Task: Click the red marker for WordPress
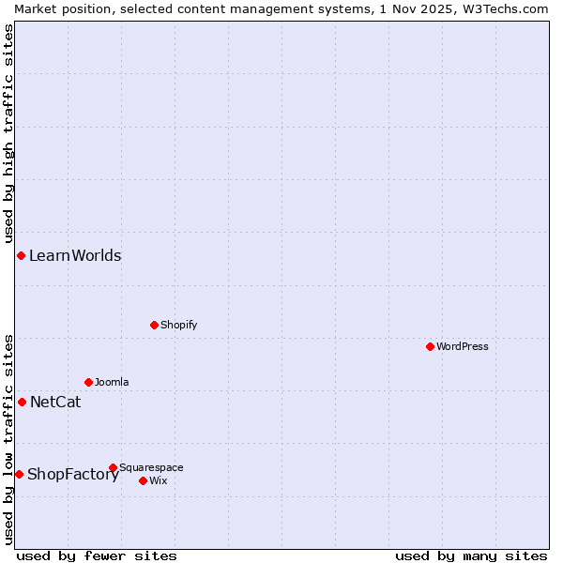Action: tap(430, 346)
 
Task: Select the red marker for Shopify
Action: tap(154, 325)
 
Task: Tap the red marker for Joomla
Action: tap(88, 382)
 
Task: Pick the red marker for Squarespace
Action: tap(113, 467)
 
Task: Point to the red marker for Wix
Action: tap(143, 480)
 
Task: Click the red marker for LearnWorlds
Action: tap(21, 255)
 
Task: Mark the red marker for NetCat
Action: tap(22, 402)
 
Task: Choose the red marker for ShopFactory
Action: tap(19, 474)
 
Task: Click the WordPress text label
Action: tap(463, 346)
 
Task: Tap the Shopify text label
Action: tap(178, 325)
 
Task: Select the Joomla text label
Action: tap(112, 382)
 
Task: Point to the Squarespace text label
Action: tap(151, 467)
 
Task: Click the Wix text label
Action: tap(158, 480)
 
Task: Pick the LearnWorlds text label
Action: tap(75, 255)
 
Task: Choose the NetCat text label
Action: tap(55, 402)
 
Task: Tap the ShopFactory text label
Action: tap(73, 474)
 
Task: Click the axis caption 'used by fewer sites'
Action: tap(97, 555)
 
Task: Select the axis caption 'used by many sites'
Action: tap(471, 555)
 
